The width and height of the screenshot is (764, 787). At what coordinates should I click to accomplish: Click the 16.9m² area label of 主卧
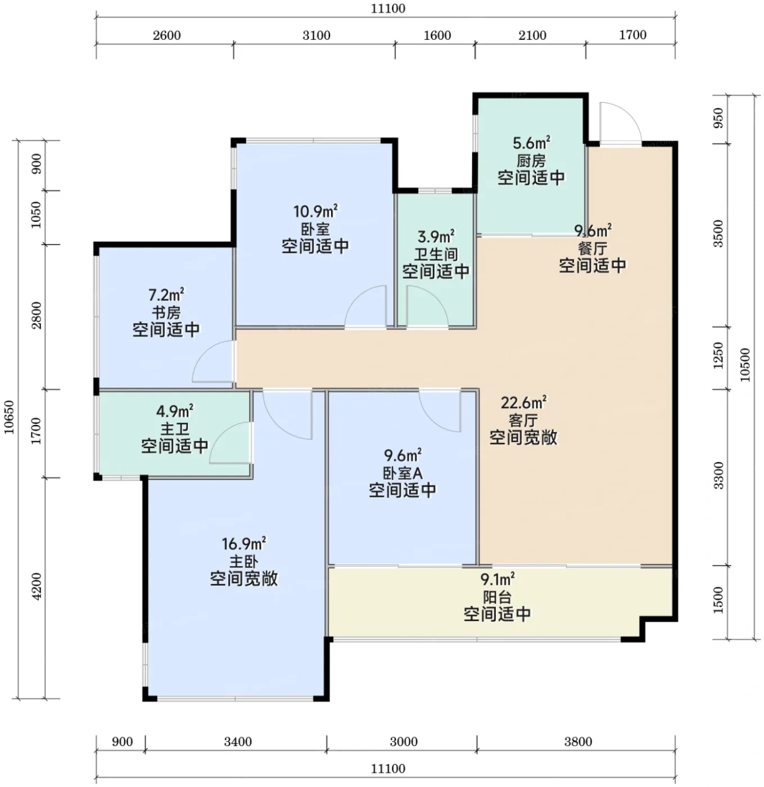tap(243, 544)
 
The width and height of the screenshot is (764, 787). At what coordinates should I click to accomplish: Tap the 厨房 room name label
tap(531, 161)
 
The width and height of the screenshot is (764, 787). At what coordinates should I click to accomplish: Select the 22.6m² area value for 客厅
tap(524, 402)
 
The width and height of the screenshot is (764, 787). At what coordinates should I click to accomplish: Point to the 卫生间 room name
tap(436, 254)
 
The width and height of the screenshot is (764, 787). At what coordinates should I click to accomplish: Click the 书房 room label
tap(166, 313)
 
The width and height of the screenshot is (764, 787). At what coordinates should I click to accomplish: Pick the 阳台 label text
tap(497, 597)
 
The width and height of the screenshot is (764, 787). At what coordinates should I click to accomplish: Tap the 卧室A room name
tap(403, 473)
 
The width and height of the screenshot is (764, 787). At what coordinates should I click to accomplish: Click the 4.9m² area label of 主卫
tap(174, 411)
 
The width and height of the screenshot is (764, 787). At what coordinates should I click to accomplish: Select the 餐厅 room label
tap(593, 248)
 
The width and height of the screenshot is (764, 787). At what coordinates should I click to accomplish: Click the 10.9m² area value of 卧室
tap(315, 211)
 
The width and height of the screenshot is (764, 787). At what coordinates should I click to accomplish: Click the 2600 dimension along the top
tap(166, 35)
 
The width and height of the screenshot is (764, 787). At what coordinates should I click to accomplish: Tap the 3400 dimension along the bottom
tap(238, 741)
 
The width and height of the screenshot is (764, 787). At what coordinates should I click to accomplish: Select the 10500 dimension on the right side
tap(744, 365)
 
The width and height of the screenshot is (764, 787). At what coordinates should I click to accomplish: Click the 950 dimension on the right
tap(718, 118)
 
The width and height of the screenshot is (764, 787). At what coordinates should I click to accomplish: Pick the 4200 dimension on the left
tap(37, 586)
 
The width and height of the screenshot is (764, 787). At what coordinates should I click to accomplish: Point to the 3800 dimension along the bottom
tap(578, 741)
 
